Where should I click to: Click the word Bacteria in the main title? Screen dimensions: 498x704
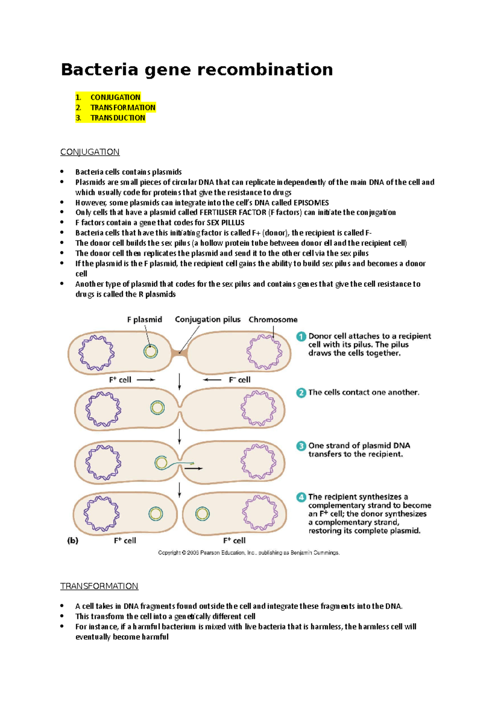99,70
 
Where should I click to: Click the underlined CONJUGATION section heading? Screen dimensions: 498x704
90,152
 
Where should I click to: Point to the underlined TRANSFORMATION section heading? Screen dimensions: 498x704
99,586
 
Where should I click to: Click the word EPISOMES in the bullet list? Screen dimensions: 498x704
311,203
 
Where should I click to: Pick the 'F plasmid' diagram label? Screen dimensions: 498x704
144,320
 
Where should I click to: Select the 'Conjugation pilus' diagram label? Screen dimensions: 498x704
207,320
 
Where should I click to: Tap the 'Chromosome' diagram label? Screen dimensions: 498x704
273,320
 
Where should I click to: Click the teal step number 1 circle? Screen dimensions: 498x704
301,337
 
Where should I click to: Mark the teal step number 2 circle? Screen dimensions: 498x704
301,393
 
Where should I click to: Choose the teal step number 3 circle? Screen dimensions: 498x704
301,446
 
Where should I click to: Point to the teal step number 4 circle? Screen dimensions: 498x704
301,497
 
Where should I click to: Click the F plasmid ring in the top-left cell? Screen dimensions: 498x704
150,352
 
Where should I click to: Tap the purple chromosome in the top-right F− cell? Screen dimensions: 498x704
264,352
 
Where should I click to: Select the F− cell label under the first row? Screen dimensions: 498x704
239,380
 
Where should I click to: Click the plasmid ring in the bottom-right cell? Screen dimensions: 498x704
203,514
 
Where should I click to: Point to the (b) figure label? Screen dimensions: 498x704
73,541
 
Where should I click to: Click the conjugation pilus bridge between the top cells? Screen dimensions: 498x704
179,353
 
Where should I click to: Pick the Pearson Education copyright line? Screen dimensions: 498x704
249,553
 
